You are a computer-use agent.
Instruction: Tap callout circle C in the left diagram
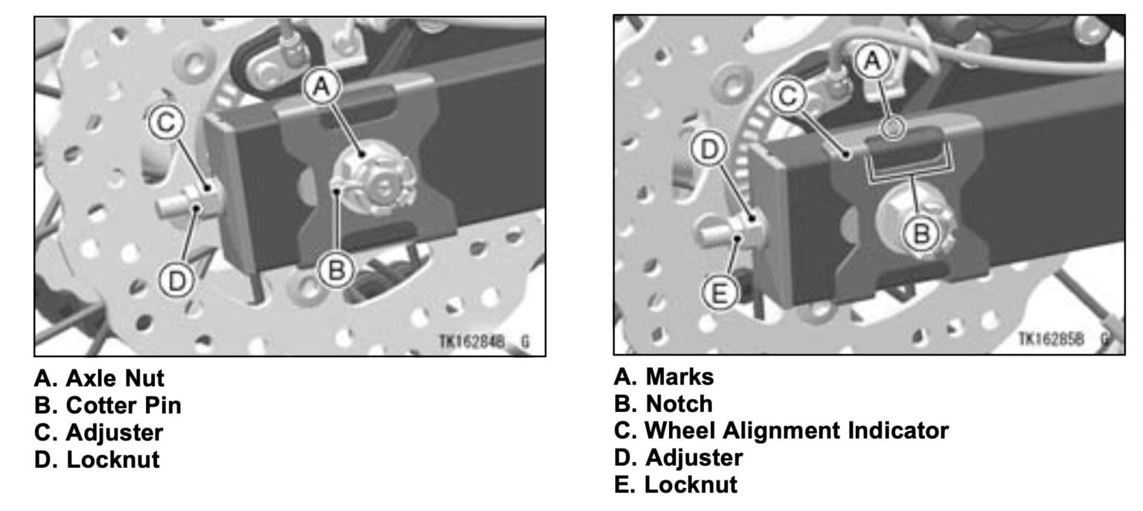coord(169,125)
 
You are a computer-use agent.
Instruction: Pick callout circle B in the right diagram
coord(921,234)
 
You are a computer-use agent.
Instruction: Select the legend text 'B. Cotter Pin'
coord(107,405)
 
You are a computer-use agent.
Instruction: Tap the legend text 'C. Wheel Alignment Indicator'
coord(781,431)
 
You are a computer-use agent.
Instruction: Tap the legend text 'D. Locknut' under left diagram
coord(97,459)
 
